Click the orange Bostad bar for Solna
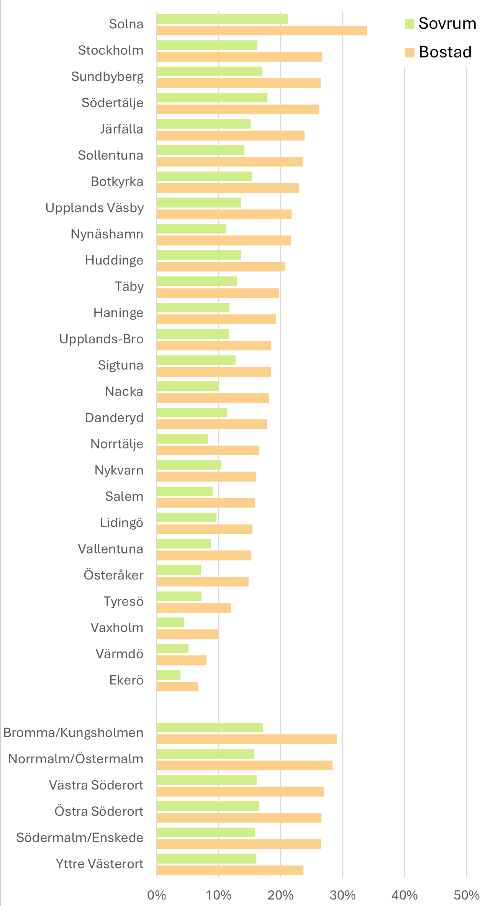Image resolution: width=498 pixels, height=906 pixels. point(262,31)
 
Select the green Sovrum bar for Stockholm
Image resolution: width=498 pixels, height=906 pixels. point(207,45)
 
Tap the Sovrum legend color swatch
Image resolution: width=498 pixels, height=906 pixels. point(410,24)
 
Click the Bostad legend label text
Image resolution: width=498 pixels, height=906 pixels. point(445,52)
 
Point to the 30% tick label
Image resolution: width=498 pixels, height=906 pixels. point(342,895)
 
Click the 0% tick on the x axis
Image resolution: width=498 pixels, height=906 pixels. point(157,895)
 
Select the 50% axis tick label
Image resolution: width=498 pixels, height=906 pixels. point(466,895)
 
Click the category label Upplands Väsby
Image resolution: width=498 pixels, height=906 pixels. point(95,208)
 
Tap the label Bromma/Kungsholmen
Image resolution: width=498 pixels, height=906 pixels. point(74,733)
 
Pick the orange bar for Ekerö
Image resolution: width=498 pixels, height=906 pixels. point(177,687)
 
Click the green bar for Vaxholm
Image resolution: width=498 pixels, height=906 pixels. point(170,622)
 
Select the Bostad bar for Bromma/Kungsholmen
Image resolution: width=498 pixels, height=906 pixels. point(247,739)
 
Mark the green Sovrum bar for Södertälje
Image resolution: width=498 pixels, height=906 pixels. point(212,98)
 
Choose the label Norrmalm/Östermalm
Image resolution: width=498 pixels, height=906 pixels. point(76,759)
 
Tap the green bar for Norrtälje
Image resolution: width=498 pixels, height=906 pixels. point(182,439)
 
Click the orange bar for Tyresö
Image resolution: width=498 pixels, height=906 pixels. point(194,608)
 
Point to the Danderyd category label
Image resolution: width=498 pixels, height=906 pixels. point(114,418)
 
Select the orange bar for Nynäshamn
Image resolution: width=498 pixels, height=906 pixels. point(224,240)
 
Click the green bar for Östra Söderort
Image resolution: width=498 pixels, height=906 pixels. point(208,806)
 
